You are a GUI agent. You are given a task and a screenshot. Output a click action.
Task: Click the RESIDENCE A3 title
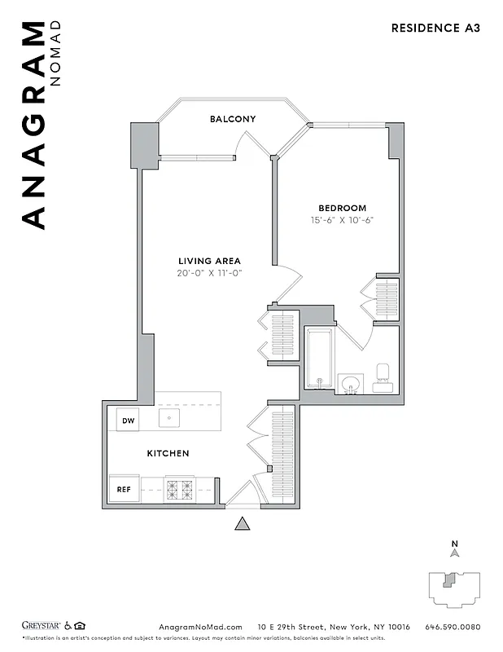click(435, 28)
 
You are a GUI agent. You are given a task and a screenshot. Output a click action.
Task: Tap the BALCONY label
click(233, 119)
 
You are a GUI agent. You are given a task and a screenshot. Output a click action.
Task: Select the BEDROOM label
click(342, 208)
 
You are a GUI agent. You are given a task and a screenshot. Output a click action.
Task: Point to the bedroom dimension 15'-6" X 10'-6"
click(342, 220)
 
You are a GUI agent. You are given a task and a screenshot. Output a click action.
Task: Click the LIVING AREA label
click(210, 261)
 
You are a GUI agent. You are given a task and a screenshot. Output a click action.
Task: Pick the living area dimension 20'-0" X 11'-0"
click(210, 273)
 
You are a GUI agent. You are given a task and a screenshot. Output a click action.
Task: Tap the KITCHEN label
click(168, 453)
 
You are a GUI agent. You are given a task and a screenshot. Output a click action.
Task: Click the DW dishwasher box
click(128, 421)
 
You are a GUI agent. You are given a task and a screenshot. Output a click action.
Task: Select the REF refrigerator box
click(125, 490)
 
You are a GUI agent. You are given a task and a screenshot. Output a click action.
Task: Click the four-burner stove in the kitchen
click(180, 490)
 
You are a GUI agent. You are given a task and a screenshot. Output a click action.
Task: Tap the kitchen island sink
click(169, 419)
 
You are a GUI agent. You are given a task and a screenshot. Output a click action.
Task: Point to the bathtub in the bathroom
click(318, 358)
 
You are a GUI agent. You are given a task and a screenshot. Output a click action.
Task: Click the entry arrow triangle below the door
click(242, 524)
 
